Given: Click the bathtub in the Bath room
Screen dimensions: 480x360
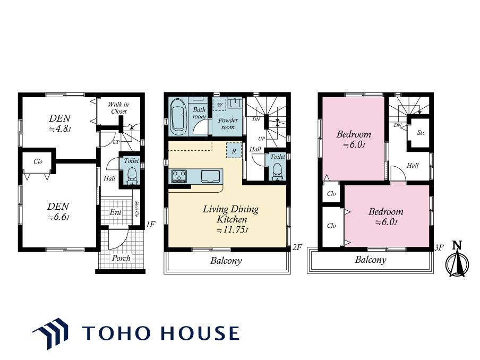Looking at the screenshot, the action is [x=178, y=117].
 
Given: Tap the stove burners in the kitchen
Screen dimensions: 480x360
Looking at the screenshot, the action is [x=179, y=176].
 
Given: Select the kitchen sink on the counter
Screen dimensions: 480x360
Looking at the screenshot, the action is [x=210, y=176].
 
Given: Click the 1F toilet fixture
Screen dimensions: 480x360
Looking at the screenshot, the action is [x=132, y=176].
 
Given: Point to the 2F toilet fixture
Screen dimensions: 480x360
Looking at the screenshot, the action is [x=277, y=172].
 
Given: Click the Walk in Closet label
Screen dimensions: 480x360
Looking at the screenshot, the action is [x=118, y=108].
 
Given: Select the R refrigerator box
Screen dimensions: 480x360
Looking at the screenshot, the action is [x=234, y=151].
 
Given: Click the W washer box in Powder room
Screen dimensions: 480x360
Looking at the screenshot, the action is [x=219, y=105].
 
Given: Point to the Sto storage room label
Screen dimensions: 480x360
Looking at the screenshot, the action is [x=421, y=133].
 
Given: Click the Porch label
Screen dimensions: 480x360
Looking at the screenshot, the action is [x=121, y=258].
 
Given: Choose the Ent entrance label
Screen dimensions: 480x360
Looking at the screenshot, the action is [x=115, y=212].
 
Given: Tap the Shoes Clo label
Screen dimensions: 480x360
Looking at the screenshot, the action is [x=136, y=209].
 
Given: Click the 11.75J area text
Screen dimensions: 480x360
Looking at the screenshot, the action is [x=232, y=229].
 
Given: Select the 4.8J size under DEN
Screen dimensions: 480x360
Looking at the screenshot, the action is [x=60, y=128].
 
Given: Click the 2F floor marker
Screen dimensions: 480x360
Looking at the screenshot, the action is [x=297, y=247].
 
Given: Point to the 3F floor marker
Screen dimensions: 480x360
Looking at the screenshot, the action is [x=439, y=247].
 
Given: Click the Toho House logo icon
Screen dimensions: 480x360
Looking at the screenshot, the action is [x=50, y=333].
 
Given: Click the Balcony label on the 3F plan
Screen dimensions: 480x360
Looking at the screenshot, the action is [x=371, y=260].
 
